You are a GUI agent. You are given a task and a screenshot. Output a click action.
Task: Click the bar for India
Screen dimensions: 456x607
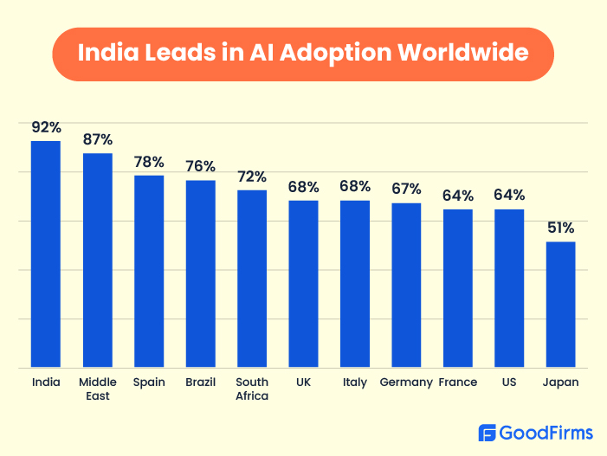pyautogui.click(x=46, y=254)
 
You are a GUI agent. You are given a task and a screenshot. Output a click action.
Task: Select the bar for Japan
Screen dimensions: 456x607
pyautogui.click(x=560, y=305)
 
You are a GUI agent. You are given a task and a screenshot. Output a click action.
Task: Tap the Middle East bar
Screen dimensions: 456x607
pyautogui.click(x=97, y=260)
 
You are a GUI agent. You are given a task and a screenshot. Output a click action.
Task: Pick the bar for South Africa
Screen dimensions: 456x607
pyautogui.click(x=252, y=279)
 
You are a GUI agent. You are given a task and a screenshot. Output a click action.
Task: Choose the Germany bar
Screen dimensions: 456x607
pyautogui.click(x=406, y=286)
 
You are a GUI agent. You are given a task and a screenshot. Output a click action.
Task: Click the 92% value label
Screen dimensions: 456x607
pyautogui.click(x=46, y=127)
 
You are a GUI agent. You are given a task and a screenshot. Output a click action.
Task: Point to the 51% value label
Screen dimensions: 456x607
pyautogui.click(x=560, y=228)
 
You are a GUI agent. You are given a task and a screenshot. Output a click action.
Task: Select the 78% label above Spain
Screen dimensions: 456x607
pyautogui.click(x=149, y=162)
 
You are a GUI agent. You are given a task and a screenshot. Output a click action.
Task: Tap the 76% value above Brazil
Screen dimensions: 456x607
pyautogui.click(x=200, y=167)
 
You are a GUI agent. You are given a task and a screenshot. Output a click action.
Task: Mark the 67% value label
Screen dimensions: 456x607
pyautogui.click(x=406, y=189)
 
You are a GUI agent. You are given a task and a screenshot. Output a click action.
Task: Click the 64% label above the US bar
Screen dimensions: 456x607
pyautogui.click(x=509, y=196)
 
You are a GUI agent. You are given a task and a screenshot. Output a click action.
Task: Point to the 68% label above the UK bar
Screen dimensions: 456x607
pyautogui.click(x=303, y=187)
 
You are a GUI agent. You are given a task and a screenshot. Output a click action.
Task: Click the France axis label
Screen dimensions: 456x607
pyautogui.click(x=458, y=382)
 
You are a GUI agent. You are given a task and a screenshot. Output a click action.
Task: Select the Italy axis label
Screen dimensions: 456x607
pyautogui.click(x=355, y=382)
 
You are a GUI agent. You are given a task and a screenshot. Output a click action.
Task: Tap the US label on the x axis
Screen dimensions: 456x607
pyautogui.click(x=509, y=382)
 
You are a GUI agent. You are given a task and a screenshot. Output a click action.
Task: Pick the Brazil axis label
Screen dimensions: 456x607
pyautogui.click(x=200, y=382)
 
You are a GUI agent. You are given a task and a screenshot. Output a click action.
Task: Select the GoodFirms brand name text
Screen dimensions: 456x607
pyautogui.click(x=546, y=433)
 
